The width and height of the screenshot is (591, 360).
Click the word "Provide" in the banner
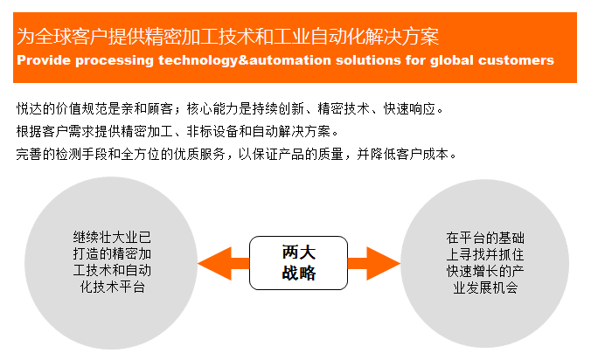coord(44,60)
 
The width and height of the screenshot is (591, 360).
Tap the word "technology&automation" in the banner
coord(244,61)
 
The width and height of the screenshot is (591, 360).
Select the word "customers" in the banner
coord(516,60)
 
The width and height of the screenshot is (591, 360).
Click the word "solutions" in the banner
coord(368,60)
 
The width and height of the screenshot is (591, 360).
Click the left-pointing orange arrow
coord(224,264)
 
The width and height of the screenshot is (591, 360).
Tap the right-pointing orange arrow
coord(373,264)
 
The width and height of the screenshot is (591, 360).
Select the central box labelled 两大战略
coord(298,263)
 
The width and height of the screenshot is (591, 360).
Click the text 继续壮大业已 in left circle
coord(112,238)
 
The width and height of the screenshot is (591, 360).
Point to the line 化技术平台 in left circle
coord(112,287)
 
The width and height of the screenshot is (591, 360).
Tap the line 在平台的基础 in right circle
coord(485,238)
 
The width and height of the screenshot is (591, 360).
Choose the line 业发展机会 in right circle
coord(485,287)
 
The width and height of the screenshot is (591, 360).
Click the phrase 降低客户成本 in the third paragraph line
coord(409,154)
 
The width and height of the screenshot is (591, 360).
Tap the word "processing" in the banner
coord(115,61)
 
